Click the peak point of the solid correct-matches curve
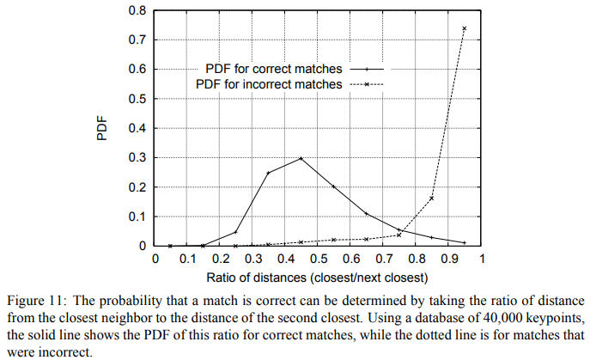pyautogui.click(x=301, y=159)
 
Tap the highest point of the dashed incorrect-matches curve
pyautogui.click(x=465, y=28)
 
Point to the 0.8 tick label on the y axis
pyautogui.click(x=137, y=11)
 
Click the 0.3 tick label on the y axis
pyautogui.click(x=137, y=158)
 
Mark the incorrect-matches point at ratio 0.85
pyautogui.click(x=432, y=198)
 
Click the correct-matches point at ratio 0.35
pyautogui.click(x=268, y=173)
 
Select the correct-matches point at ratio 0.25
pyautogui.click(x=235, y=232)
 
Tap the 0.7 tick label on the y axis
pyautogui.click(x=137, y=40)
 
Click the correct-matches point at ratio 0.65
pyautogui.click(x=367, y=213)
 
